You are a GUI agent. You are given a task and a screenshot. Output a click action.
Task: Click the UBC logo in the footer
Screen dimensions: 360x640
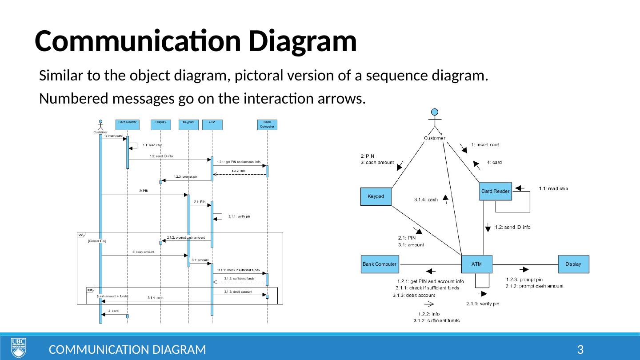pos(18,347)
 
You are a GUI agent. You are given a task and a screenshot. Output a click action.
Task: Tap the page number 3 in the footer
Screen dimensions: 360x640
pos(580,349)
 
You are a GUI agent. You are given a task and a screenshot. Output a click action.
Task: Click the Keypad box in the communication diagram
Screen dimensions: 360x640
pos(376,196)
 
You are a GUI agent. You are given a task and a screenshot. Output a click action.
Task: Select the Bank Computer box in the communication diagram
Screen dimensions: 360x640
pos(380,264)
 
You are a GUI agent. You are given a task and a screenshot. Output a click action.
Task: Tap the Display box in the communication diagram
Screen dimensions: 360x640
pos(573,264)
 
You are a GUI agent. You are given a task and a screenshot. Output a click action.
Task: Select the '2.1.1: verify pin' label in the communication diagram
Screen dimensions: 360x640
pos(483,304)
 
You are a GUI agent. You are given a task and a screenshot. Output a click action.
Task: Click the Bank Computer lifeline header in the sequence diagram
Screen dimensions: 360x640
pos(267,124)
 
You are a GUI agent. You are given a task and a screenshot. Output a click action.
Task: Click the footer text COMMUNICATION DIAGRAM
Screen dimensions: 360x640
pos(127,349)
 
